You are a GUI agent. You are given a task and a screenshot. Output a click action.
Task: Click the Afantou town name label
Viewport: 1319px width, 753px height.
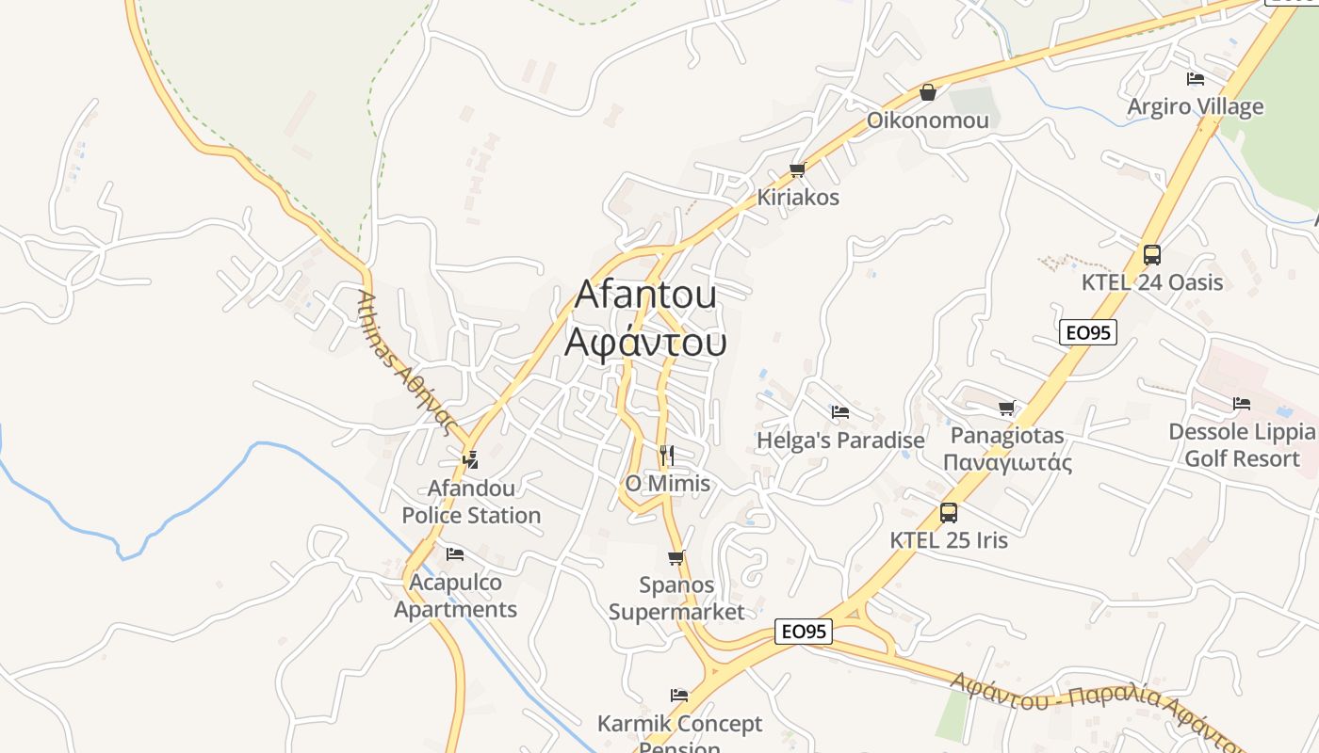(x=645, y=294)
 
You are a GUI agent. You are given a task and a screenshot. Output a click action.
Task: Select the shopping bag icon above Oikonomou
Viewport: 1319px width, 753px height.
(x=928, y=92)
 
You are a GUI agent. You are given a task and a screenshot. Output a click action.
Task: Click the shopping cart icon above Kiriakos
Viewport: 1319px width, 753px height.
(x=797, y=170)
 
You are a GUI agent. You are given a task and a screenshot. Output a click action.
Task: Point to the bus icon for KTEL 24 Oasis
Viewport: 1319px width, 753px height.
(x=1151, y=254)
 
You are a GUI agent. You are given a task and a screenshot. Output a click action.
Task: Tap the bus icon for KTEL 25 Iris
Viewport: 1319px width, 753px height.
(x=949, y=513)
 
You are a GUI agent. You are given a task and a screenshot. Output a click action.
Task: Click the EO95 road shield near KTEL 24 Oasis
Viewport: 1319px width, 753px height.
(x=1087, y=332)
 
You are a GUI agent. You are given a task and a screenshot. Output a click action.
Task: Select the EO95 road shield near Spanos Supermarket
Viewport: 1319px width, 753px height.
(x=804, y=632)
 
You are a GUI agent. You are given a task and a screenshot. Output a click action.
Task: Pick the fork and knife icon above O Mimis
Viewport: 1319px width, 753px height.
(x=667, y=456)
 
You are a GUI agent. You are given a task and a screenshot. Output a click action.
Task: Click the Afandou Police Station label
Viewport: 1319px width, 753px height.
(x=471, y=502)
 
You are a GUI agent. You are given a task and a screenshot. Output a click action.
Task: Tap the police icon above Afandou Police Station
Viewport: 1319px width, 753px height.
(x=470, y=459)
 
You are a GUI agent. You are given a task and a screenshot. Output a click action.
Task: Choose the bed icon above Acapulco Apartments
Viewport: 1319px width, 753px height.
(x=455, y=554)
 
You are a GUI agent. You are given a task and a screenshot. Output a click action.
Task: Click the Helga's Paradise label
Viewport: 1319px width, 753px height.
(x=840, y=440)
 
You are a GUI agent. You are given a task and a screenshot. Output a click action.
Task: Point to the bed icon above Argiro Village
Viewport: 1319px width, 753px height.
(x=1196, y=79)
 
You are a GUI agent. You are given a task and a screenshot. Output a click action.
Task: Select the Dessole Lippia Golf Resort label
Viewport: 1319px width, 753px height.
(x=1241, y=445)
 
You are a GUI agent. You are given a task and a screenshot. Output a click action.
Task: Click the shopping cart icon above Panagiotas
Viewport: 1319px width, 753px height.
(x=1006, y=408)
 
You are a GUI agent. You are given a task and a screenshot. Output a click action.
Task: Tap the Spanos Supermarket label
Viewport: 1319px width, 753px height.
(x=676, y=598)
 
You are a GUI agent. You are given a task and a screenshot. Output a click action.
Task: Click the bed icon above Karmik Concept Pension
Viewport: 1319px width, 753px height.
(x=679, y=696)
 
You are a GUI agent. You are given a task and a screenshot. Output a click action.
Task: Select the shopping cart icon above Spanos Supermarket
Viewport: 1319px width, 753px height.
(x=676, y=557)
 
